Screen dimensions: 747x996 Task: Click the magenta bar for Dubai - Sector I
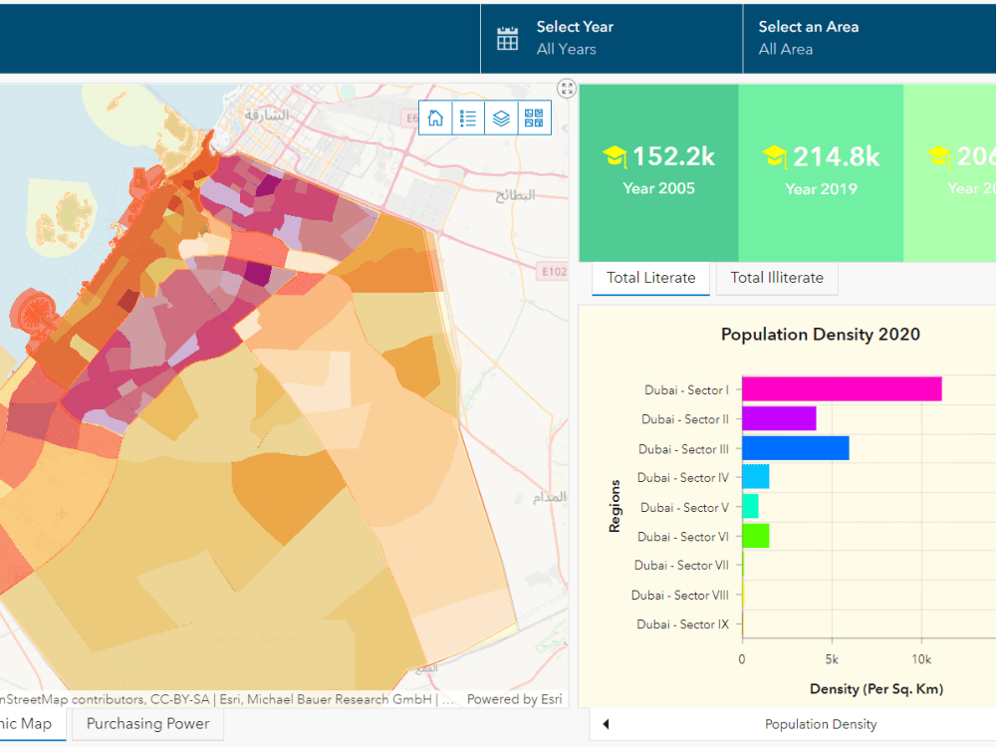[842, 389]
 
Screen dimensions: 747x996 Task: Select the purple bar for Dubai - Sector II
[779, 419]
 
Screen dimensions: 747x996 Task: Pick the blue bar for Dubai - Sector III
[795, 448]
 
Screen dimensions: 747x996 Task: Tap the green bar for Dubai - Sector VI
[755, 536]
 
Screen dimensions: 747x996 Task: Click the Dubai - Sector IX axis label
[683, 624]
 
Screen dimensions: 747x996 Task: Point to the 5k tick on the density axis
[832, 659]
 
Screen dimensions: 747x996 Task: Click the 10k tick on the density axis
[921, 659]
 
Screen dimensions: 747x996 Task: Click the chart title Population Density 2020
[820, 335]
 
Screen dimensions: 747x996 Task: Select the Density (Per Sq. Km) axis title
[875, 689]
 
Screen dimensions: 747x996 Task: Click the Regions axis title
[615, 506]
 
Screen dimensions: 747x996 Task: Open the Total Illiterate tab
[777, 278]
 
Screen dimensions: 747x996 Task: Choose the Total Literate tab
[650, 278]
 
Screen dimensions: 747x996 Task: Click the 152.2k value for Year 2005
[673, 156]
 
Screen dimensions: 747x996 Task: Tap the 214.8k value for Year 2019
[836, 156]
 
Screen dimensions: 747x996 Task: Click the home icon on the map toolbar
[435, 118]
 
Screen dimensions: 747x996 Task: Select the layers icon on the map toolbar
[501, 118]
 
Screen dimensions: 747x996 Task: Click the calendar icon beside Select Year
[508, 39]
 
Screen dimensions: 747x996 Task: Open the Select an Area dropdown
[809, 38]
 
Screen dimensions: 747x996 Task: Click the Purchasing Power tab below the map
[147, 724]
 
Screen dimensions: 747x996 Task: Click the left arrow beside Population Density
[606, 724]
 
